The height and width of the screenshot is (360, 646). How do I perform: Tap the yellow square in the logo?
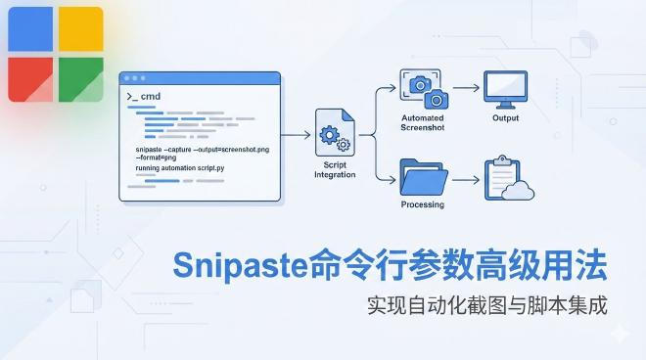click(79, 28)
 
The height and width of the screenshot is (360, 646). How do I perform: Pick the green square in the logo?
click(79, 78)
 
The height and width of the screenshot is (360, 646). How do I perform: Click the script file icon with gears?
click(336, 133)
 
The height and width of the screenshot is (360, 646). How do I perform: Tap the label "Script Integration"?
click(336, 169)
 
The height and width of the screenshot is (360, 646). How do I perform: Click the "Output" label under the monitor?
click(506, 118)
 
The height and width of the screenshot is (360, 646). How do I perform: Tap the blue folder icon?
click(424, 176)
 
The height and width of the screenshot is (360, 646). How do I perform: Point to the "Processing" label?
click(423, 204)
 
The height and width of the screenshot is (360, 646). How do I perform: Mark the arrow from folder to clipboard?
click(466, 178)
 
